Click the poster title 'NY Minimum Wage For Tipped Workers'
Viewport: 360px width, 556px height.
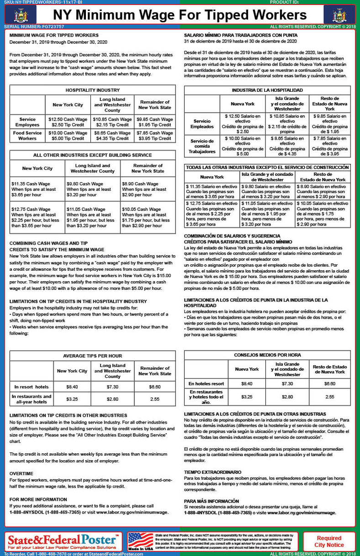(x=180, y=15)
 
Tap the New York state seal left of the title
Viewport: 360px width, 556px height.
(x=20, y=15)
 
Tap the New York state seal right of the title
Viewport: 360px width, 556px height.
(x=339, y=15)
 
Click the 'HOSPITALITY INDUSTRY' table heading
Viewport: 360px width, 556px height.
(x=92, y=90)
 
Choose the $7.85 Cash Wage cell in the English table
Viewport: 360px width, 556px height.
(x=155, y=136)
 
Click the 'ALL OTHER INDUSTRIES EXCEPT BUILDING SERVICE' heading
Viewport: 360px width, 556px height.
(x=92, y=155)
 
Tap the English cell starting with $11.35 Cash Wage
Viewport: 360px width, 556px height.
(x=37, y=189)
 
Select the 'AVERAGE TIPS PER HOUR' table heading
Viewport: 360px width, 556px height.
(x=92, y=356)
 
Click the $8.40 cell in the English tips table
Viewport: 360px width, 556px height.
(x=72, y=386)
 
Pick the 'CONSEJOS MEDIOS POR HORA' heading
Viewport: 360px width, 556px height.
(x=267, y=355)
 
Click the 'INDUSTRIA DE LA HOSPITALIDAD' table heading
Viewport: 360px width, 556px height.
(x=267, y=90)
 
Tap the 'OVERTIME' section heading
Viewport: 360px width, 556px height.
(x=21, y=473)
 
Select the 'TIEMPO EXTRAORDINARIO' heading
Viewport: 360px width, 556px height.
(x=213, y=472)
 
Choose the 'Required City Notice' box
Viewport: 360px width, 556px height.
(x=329, y=541)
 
